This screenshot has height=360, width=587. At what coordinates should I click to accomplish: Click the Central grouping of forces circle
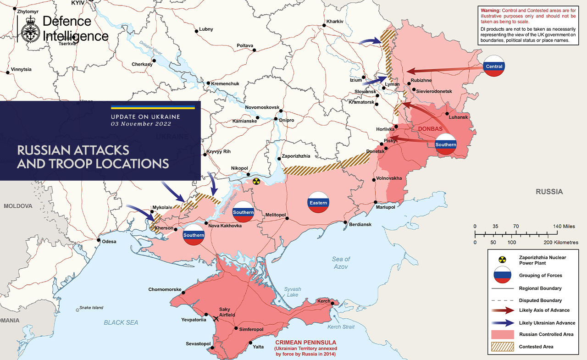coord(494,67)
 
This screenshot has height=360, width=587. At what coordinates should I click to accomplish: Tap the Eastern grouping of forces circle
coord(318,203)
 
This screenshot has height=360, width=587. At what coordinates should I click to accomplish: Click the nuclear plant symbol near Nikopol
coord(256,182)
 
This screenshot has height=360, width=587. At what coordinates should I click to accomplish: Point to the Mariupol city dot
coord(376,202)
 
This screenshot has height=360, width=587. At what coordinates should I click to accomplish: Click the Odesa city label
coord(109,242)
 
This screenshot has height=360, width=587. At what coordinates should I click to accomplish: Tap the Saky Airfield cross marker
coord(216,318)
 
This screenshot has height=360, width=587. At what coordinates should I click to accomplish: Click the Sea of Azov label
coord(341,263)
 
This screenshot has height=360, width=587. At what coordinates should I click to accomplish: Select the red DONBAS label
coord(430,129)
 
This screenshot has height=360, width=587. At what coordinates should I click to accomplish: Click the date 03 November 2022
coord(141,124)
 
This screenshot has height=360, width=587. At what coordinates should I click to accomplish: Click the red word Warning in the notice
coord(490,10)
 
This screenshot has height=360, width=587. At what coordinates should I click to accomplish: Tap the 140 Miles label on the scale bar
coord(564,227)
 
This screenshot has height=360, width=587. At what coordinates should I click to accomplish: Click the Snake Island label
coord(91,308)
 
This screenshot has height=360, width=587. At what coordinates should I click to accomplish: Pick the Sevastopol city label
coord(198,344)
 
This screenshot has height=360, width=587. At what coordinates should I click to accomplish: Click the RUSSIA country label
coord(549,192)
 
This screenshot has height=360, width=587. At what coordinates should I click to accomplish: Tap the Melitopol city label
coord(276,215)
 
